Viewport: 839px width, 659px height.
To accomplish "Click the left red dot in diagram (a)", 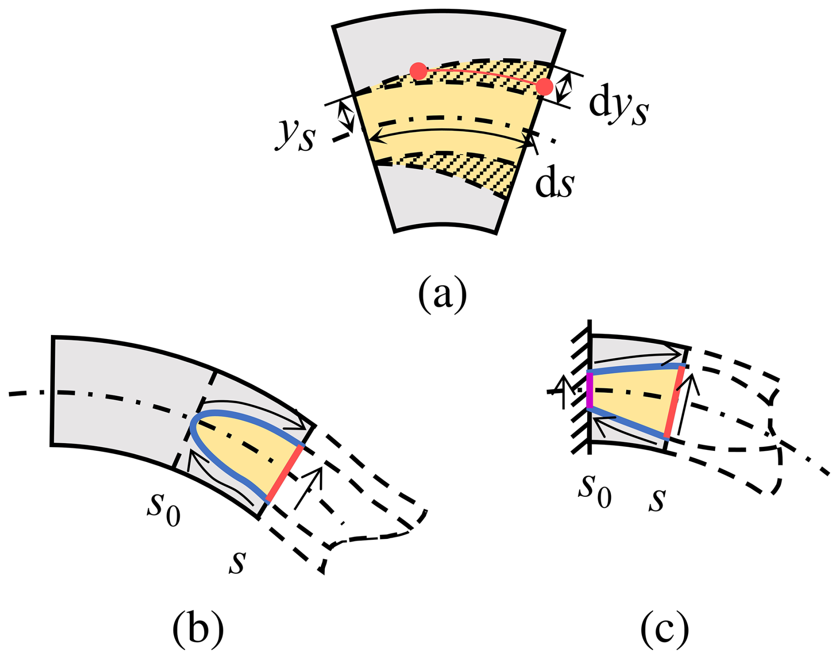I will click(x=418, y=71).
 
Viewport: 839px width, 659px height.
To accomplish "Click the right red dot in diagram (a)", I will click(x=544, y=87).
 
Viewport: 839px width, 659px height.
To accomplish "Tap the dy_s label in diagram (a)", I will click(x=619, y=106).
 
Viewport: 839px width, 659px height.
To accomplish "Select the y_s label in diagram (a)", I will click(x=296, y=133).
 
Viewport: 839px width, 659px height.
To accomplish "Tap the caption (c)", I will click(x=664, y=628).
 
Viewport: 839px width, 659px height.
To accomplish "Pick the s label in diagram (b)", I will click(x=238, y=562).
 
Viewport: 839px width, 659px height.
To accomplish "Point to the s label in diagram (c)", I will click(x=657, y=499).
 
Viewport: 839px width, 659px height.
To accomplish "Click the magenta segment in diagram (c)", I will click(x=590, y=390).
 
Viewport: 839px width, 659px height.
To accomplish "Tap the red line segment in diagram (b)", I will click(x=285, y=473).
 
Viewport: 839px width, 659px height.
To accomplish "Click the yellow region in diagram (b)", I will click(x=248, y=448).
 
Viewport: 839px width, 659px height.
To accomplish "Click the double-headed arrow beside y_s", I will click(x=346, y=115).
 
